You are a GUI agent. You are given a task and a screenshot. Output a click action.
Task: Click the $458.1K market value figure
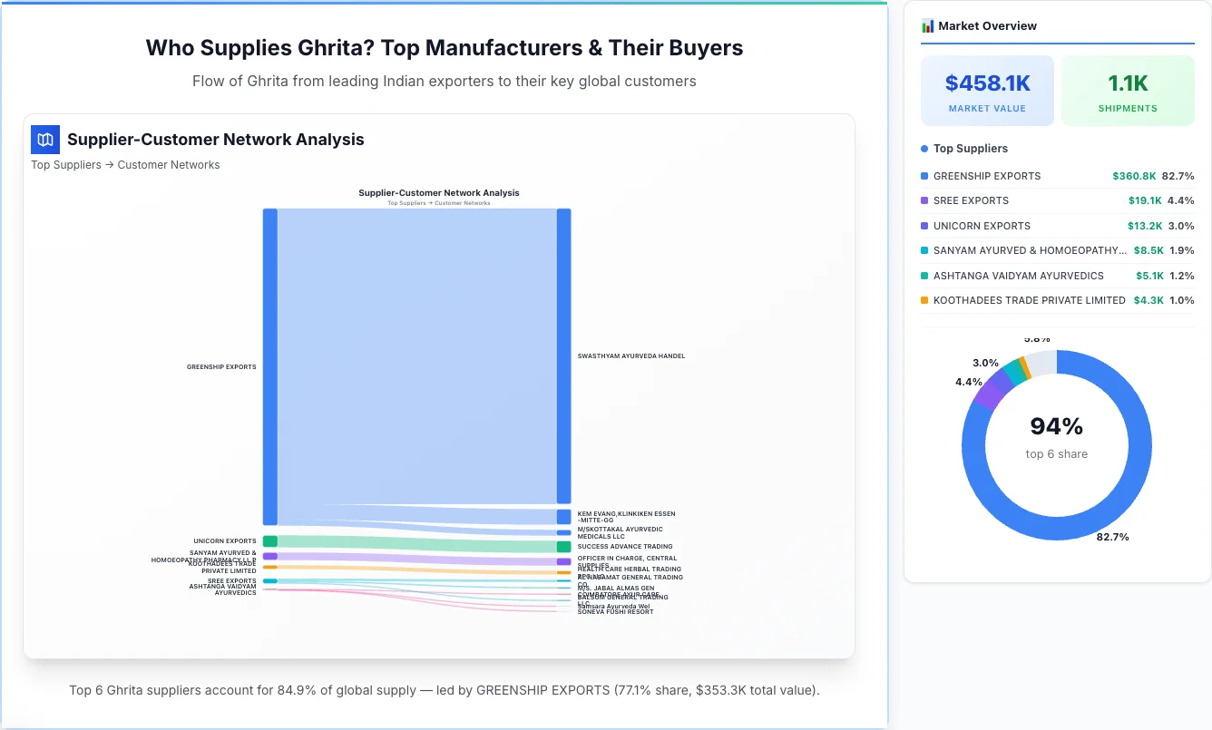click(x=987, y=83)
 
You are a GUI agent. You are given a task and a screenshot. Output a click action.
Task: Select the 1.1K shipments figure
click(x=1128, y=83)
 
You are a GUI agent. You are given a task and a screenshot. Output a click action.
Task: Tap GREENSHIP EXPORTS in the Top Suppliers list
click(x=986, y=176)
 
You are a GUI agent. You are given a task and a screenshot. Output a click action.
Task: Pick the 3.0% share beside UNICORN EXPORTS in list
click(x=1181, y=226)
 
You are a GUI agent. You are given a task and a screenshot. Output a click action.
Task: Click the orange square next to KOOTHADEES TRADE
click(x=924, y=300)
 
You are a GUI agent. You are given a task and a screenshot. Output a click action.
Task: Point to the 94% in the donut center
click(x=1056, y=426)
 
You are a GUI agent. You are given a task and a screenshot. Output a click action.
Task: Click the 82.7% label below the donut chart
click(x=1112, y=537)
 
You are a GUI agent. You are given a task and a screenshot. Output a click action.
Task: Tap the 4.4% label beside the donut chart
click(x=968, y=382)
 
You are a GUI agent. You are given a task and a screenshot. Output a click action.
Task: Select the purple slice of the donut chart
click(x=988, y=392)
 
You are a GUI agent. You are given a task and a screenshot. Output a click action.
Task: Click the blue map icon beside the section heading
click(x=44, y=140)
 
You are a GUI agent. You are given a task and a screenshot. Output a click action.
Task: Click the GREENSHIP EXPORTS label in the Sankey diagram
click(x=221, y=367)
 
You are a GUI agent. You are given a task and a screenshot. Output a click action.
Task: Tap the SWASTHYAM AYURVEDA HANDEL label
click(x=630, y=356)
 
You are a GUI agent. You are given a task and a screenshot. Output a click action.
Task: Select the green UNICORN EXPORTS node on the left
click(x=269, y=541)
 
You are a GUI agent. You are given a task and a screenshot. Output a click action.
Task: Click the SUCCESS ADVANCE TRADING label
click(x=624, y=547)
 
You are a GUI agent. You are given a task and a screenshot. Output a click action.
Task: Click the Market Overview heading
click(x=987, y=26)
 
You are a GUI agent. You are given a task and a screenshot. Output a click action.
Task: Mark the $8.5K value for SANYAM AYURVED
click(x=1148, y=250)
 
